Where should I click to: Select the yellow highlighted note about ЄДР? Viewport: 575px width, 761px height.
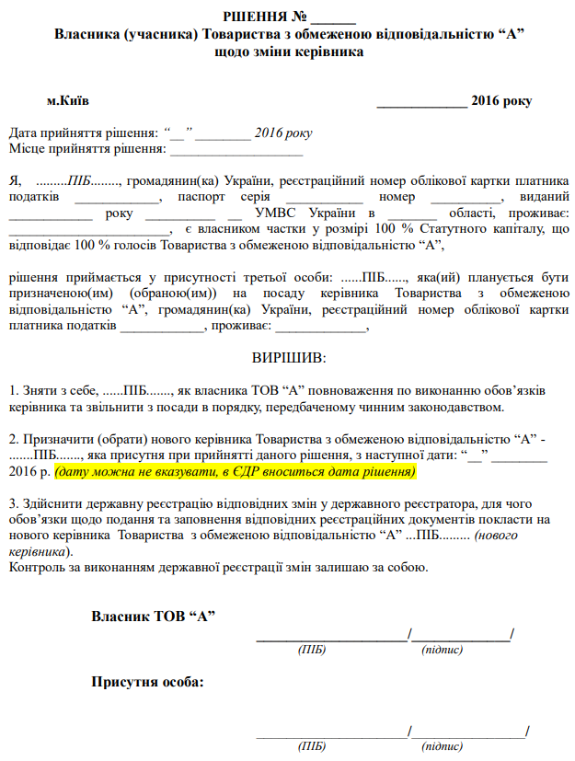pyautogui.click(x=235, y=472)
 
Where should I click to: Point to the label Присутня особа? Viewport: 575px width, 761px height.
pyautogui.click(x=147, y=683)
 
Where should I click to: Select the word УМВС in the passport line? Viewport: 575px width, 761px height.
pyautogui.click(x=264, y=213)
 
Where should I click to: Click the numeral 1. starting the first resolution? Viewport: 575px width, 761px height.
pyautogui.click(x=13, y=390)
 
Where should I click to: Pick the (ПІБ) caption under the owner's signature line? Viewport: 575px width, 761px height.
pyautogui.click(x=311, y=650)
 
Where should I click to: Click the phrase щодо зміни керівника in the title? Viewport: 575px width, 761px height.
pyautogui.click(x=288, y=52)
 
